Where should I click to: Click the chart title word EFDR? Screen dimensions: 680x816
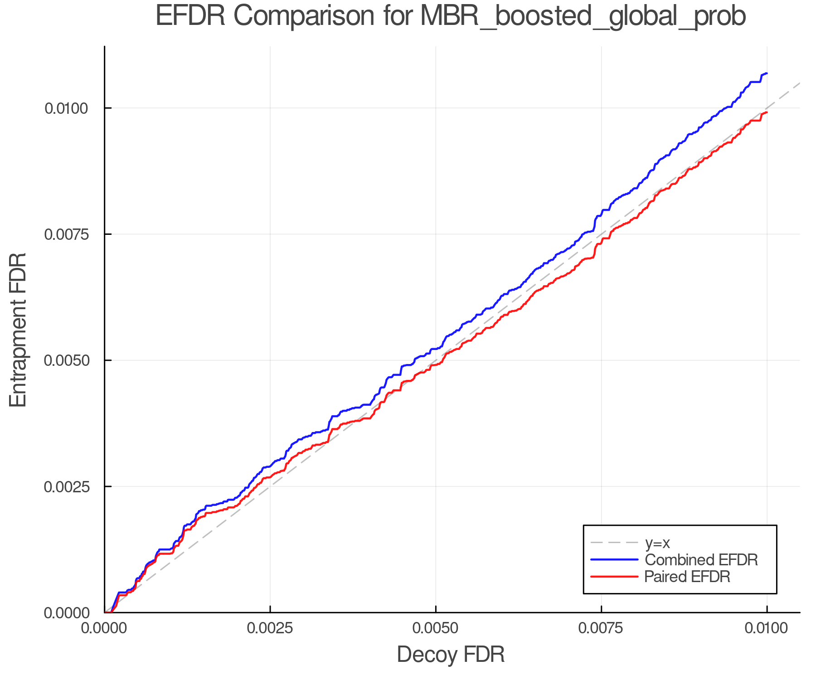190,16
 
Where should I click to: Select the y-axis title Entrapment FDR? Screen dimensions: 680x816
18,330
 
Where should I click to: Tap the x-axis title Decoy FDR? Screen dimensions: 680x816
451,655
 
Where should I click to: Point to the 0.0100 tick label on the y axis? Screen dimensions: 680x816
66,108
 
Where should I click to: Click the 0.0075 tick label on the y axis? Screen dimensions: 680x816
66,234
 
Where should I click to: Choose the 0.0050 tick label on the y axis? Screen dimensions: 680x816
66,360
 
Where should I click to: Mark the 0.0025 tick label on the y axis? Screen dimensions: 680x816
66,487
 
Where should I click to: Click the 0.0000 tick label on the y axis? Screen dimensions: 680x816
66,613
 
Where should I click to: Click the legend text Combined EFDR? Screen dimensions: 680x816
701,560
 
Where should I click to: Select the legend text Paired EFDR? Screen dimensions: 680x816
687,577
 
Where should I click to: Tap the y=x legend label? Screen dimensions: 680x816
657,543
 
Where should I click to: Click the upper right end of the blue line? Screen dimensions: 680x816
767,73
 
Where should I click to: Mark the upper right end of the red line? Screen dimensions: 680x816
767,112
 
